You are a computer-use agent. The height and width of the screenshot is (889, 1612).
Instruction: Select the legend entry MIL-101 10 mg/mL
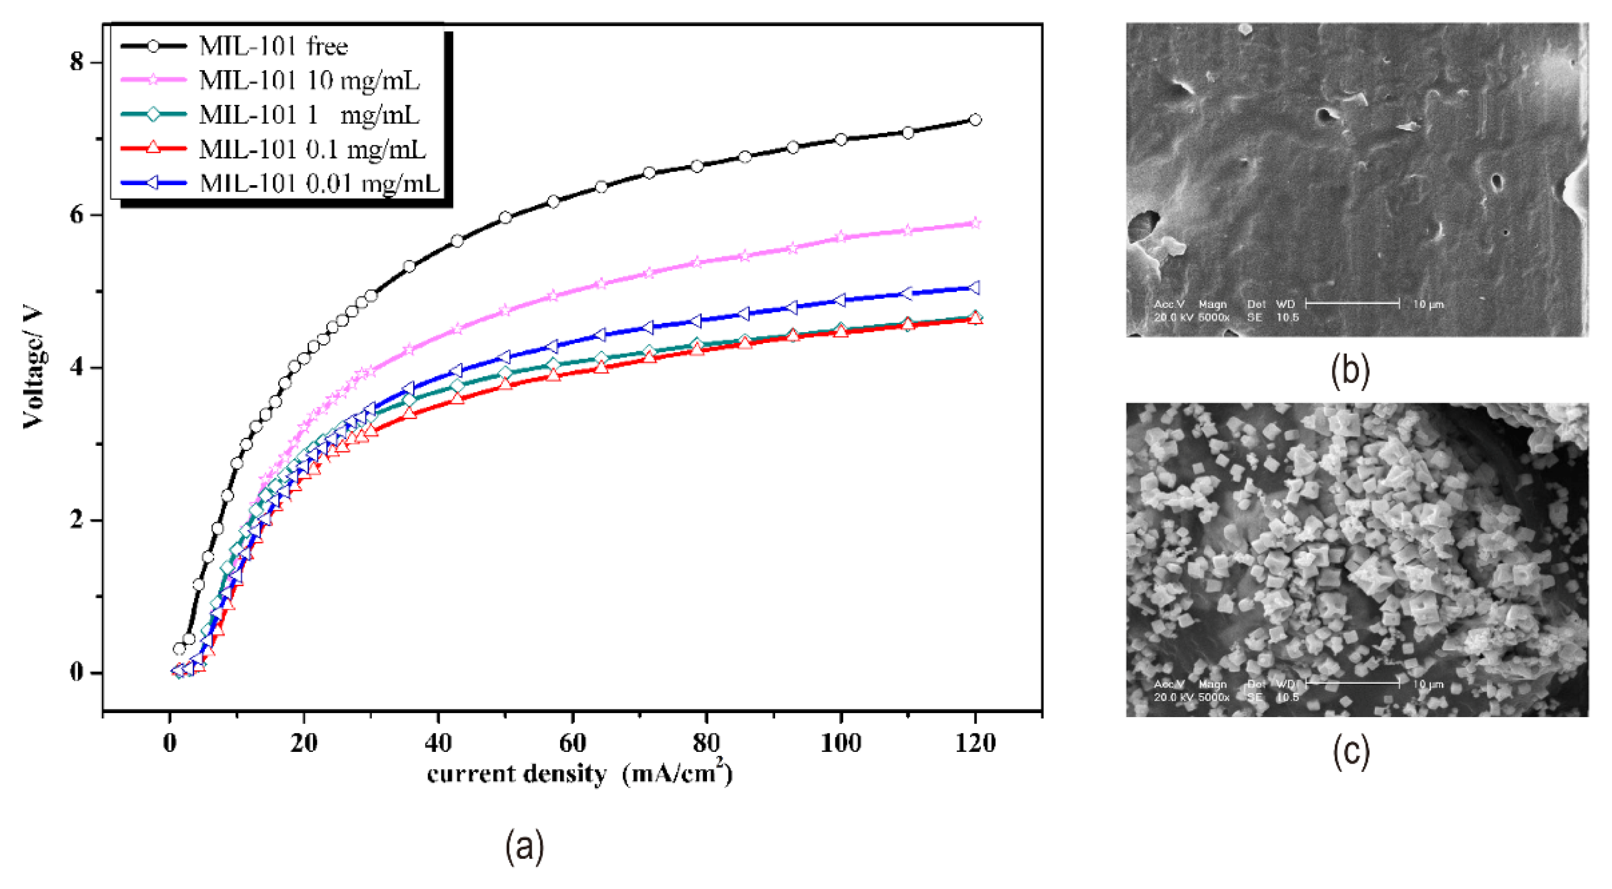tap(309, 80)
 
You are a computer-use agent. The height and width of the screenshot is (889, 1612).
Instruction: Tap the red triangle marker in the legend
tap(153, 148)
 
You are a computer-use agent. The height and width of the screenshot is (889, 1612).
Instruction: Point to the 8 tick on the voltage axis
tap(77, 62)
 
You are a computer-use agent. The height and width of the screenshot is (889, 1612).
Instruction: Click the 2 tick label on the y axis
tap(77, 520)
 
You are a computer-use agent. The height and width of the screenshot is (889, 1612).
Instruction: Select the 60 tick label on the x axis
tap(571, 743)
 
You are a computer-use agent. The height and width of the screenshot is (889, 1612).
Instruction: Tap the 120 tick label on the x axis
tap(975, 743)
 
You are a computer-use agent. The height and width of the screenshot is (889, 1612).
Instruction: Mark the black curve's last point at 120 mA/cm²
tap(975, 120)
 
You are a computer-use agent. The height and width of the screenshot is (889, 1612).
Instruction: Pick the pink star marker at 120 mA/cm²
tap(975, 223)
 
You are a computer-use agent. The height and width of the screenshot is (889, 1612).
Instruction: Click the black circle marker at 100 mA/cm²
tap(840, 140)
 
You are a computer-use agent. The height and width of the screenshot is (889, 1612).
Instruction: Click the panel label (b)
tap(1350, 370)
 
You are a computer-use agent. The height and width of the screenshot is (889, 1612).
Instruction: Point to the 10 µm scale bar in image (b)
tap(1352, 304)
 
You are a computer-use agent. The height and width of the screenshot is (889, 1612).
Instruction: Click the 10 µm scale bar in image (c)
tap(1352, 683)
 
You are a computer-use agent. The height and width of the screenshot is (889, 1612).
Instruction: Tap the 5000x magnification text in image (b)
tap(1213, 318)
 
